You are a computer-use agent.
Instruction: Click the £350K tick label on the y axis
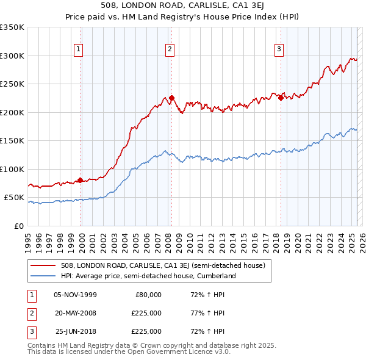click(x=12, y=27)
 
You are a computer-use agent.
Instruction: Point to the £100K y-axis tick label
click(x=12, y=169)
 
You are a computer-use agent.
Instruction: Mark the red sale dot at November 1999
click(x=80, y=180)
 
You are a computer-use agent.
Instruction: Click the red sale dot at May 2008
click(x=172, y=98)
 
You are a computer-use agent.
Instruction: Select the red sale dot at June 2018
click(x=281, y=98)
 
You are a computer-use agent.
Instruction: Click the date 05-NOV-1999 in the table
click(x=75, y=295)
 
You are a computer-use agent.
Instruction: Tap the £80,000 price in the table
click(x=148, y=295)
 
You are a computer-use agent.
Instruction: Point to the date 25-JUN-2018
click(x=76, y=331)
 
